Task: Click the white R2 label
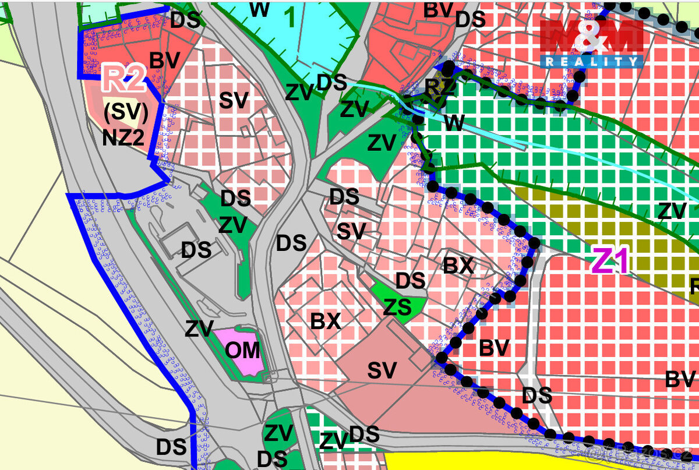pyautogui.click(x=124, y=80)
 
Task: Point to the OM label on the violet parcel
pyautogui.click(x=242, y=351)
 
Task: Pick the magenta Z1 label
pyautogui.click(x=611, y=261)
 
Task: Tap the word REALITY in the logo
pyautogui.click(x=591, y=61)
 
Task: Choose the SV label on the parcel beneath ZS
pyautogui.click(x=382, y=370)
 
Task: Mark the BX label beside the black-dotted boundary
pyautogui.click(x=458, y=266)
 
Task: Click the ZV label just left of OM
pyautogui.click(x=199, y=328)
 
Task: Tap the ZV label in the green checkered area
pyautogui.click(x=672, y=211)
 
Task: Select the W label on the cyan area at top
pyautogui.click(x=260, y=9)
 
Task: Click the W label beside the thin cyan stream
pyautogui.click(x=454, y=123)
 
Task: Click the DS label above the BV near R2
pyautogui.click(x=185, y=21)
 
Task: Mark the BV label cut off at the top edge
pyautogui.click(x=438, y=9)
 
